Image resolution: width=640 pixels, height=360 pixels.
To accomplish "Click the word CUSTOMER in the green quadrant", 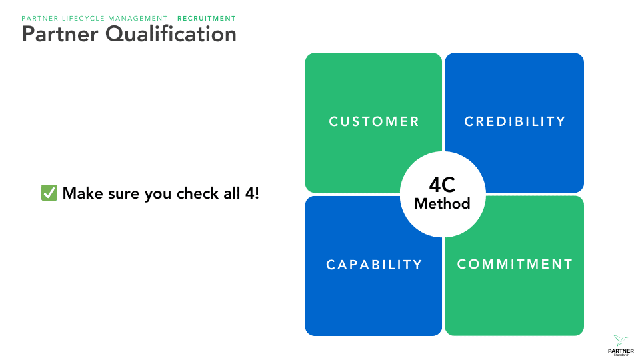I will tap(374, 121).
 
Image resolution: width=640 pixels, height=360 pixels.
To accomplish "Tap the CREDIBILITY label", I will tap(515, 121).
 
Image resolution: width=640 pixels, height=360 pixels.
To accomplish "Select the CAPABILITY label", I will tap(374, 265).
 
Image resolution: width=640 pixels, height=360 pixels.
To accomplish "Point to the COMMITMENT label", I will tap(515, 264).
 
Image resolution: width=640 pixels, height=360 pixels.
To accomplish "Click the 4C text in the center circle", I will tap(442, 185).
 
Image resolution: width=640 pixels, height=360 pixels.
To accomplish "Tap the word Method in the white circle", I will tap(442, 203).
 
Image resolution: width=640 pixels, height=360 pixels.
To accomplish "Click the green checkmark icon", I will tap(49, 193).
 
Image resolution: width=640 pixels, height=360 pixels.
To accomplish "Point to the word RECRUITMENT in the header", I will tap(207, 18).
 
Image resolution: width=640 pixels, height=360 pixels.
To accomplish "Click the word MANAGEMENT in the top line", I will tap(141, 18).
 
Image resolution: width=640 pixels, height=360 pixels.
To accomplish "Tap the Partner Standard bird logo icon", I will tap(621, 340).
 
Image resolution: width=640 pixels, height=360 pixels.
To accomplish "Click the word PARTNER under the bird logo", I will tap(621, 350).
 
